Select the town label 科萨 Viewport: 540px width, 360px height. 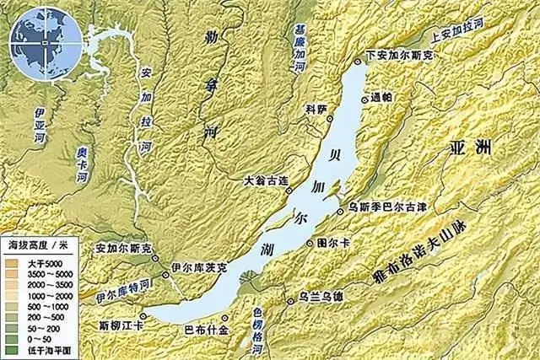tap(315, 110)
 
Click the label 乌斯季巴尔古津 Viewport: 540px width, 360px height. tap(381, 205)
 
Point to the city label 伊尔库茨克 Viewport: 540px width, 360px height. tap(199, 267)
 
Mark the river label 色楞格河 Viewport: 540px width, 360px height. tap(258, 330)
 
